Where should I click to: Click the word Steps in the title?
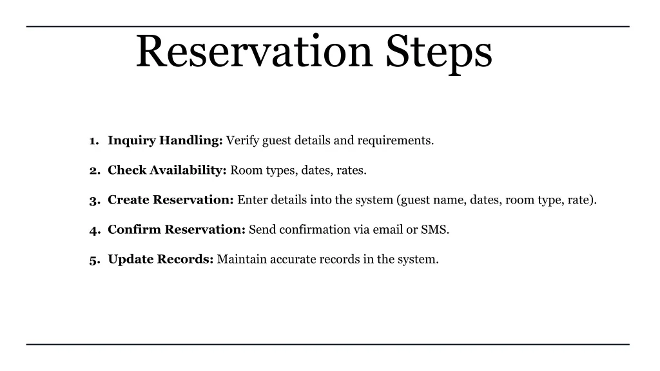click(439, 53)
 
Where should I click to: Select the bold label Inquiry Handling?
click(165, 140)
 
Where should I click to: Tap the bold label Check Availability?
click(167, 170)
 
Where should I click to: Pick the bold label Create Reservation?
click(170, 200)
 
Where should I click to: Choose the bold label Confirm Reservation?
click(177, 229)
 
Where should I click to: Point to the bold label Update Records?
click(160, 259)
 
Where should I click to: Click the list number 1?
click(93, 141)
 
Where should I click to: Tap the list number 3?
click(93, 200)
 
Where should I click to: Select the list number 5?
click(93, 260)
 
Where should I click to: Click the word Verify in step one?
click(242, 140)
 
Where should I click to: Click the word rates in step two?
click(351, 170)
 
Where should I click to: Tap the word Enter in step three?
click(253, 200)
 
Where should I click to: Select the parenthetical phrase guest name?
click(432, 200)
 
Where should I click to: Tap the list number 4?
click(93, 230)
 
